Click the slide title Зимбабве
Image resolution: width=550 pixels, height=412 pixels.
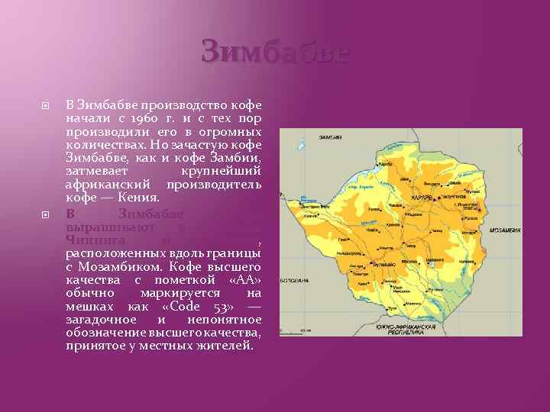tap(275, 54)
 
